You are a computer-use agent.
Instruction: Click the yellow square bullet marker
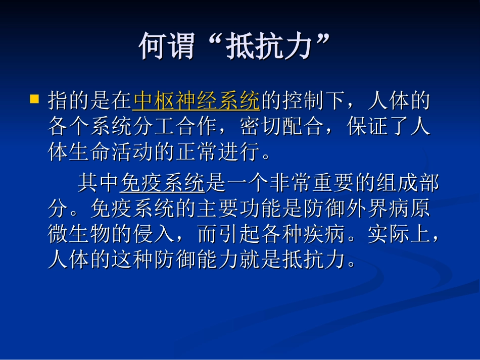[x=34, y=98]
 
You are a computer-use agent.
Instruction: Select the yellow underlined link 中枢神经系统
[x=196, y=101]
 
